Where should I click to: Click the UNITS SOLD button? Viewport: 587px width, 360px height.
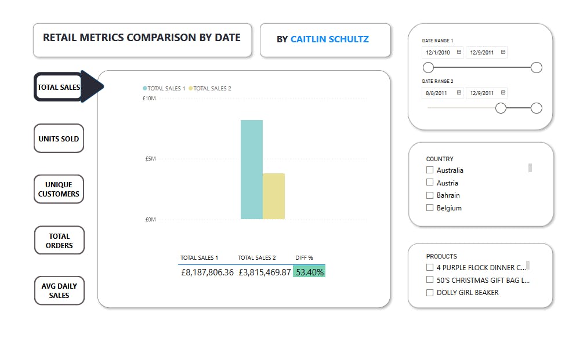point(59,139)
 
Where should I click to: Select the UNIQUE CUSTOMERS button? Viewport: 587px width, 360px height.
point(59,189)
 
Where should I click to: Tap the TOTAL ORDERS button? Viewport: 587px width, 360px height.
point(59,241)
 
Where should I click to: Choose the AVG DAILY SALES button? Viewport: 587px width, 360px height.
point(59,290)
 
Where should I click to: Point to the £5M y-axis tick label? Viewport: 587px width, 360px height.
point(150,159)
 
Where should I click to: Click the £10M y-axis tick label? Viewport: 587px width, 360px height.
point(148,99)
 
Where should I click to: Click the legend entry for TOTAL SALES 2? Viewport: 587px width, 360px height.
point(212,89)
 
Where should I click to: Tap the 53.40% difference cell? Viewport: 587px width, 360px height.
point(309,272)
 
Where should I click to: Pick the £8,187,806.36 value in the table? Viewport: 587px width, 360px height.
point(207,272)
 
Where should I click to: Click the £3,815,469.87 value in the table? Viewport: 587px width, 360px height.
point(264,272)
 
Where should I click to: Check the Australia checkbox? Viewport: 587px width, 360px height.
point(430,170)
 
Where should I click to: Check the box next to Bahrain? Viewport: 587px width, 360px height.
point(430,195)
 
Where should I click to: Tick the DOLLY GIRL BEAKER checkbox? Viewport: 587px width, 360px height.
point(430,293)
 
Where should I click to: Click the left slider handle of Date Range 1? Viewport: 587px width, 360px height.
point(429,68)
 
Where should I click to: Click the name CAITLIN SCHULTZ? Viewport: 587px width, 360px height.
point(329,39)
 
